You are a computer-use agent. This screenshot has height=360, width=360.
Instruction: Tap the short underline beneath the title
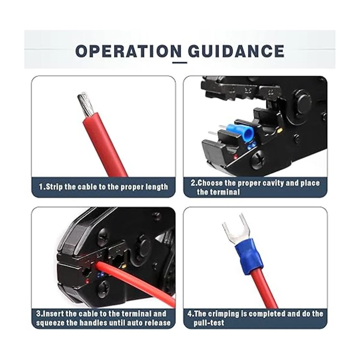click(180, 63)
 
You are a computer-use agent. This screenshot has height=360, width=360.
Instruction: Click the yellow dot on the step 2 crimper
click(280, 130)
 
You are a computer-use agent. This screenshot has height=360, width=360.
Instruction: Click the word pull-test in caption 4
click(209, 323)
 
